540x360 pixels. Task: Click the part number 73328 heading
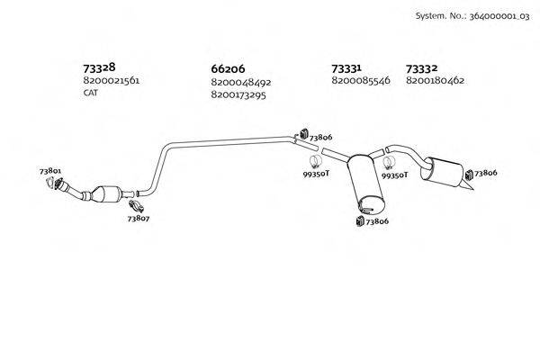99,67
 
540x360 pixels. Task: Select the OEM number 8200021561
111,81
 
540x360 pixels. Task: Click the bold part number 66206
228,68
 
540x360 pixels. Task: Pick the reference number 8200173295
240,94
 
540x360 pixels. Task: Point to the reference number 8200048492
240,82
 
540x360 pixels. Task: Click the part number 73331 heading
346,67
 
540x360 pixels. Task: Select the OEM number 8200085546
360,81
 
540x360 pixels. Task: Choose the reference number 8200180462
435,81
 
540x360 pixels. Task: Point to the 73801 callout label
50,171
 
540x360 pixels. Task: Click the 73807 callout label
138,218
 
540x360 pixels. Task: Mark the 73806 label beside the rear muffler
485,172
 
